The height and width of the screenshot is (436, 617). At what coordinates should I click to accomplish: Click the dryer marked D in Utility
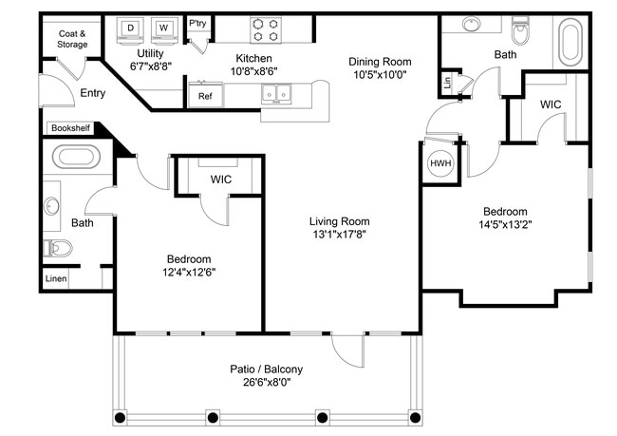click(130, 28)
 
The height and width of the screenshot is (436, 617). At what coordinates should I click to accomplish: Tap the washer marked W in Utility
click(163, 28)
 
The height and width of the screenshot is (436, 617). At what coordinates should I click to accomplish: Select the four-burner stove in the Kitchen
click(267, 29)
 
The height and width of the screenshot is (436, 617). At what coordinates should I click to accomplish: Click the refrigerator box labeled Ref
click(205, 95)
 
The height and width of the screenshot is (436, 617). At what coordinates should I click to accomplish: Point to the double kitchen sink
click(277, 94)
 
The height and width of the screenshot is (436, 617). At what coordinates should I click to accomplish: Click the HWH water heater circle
click(440, 162)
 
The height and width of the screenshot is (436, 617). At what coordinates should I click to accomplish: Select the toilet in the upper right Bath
click(519, 34)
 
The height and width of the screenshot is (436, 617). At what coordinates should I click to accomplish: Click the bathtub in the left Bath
click(74, 156)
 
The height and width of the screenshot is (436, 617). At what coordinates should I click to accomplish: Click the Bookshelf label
click(67, 127)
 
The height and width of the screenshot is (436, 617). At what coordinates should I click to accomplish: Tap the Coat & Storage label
click(71, 38)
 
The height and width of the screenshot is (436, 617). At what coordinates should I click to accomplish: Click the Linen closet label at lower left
click(56, 279)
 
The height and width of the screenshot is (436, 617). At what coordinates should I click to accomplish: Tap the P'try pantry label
click(197, 23)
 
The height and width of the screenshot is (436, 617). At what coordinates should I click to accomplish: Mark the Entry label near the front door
click(93, 92)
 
